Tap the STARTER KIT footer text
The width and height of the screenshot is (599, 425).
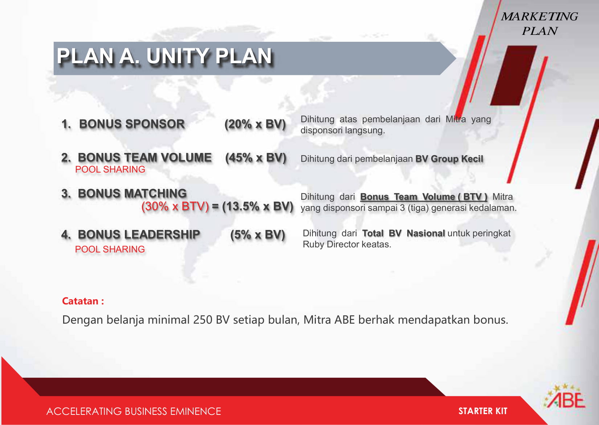(483, 411)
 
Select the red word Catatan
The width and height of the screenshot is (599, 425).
(80, 301)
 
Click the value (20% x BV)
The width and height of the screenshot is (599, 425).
(255, 125)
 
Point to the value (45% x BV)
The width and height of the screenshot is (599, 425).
(256, 158)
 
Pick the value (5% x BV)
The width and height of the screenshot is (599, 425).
(257, 235)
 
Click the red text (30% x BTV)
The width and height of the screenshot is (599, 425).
(175, 207)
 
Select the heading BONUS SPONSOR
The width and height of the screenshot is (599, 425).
(132, 124)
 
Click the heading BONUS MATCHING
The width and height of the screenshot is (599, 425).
(132, 193)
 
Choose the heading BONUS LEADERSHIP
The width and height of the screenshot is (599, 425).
(139, 234)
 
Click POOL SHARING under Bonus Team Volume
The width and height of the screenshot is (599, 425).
(110, 169)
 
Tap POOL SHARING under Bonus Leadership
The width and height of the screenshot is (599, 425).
(110, 249)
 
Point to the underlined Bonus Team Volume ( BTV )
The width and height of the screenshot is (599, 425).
(424, 197)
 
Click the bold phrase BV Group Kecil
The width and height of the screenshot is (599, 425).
(449, 159)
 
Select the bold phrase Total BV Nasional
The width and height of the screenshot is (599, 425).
(404, 233)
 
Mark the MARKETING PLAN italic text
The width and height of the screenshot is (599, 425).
(539, 24)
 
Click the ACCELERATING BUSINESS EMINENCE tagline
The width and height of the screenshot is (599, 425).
(134, 411)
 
